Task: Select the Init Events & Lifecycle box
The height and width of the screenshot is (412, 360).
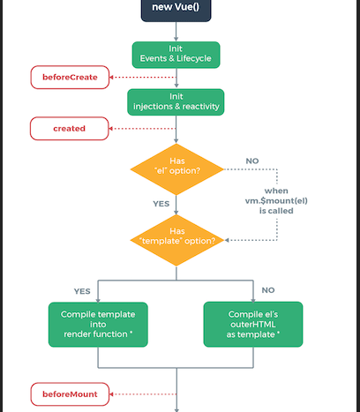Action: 176,55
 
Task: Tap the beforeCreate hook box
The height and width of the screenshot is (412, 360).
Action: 70,78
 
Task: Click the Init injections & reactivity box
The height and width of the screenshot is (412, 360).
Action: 176,102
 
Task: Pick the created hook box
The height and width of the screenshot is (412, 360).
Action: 70,129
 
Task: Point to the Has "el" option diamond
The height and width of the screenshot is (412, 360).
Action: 176,169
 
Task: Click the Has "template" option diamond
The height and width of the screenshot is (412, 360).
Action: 176,240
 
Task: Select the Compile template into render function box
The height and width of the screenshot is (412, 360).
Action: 98,325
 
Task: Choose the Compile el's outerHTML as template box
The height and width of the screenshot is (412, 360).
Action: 253,325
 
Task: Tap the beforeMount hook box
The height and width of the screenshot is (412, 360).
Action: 70,394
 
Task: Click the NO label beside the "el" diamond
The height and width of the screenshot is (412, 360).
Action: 252,161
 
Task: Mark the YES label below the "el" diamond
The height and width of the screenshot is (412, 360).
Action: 161,204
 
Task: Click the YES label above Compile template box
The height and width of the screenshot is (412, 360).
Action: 82,291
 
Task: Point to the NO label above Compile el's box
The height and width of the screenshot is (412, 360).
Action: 268,290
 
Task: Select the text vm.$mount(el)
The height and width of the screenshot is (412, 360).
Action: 276,201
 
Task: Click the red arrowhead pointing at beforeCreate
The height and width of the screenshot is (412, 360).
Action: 111,78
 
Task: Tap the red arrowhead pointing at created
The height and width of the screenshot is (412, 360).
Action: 110,129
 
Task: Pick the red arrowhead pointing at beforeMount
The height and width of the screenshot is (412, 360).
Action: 111,394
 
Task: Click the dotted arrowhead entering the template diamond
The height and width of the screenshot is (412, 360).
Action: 227,240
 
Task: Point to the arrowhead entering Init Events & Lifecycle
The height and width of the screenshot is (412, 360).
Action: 176,39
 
